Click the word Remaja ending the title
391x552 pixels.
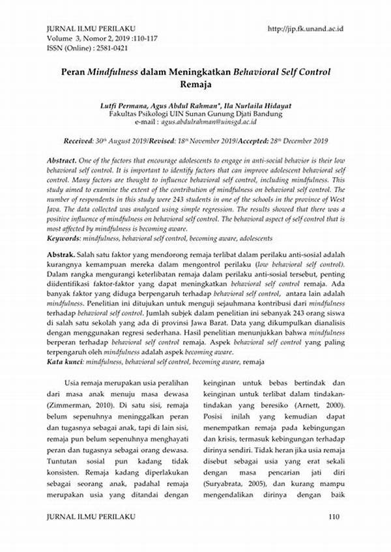pos(195,84)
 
